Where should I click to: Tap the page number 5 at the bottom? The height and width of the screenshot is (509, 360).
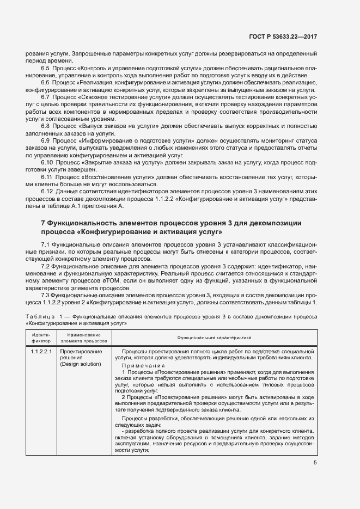(x=315, y=463)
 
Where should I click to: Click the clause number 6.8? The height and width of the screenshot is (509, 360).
(x=46, y=126)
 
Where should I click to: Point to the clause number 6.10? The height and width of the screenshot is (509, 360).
(x=47, y=163)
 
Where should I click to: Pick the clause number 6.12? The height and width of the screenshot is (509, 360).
(x=47, y=192)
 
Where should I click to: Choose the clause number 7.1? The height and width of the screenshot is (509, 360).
(x=46, y=243)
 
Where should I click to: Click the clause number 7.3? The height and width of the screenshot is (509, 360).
(x=46, y=295)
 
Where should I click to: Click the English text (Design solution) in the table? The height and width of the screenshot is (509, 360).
(x=81, y=364)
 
